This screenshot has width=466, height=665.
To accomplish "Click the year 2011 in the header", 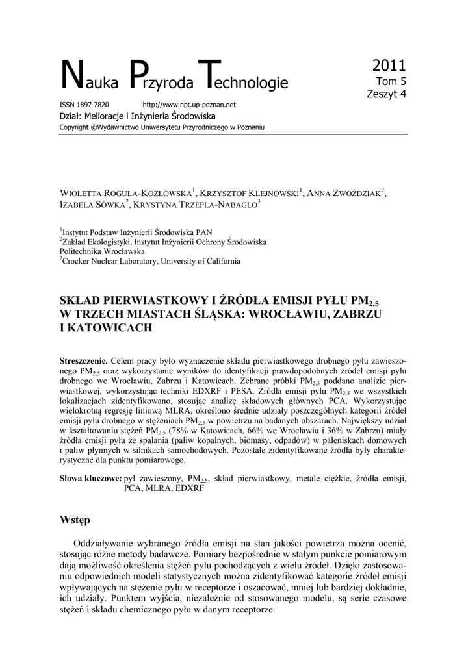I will pyautogui.click(x=389, y=65).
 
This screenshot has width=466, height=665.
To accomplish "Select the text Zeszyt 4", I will pyautogui.click(x=387, y=94).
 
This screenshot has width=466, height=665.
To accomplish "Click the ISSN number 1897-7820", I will pyautogui.click(x=93, y=104).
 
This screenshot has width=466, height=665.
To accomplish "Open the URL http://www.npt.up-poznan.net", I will pyautogui.click(x=188, y=104).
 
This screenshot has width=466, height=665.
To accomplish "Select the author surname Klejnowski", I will pyautogui.click(x=270, y=193).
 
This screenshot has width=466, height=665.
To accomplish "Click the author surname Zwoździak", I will pyautogui.click(x=355, y=193).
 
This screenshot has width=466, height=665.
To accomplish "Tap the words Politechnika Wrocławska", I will pyautogui.click(x=102, y=251).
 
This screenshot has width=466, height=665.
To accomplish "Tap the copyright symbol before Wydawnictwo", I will pyautogui.click(x=94, y=127).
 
